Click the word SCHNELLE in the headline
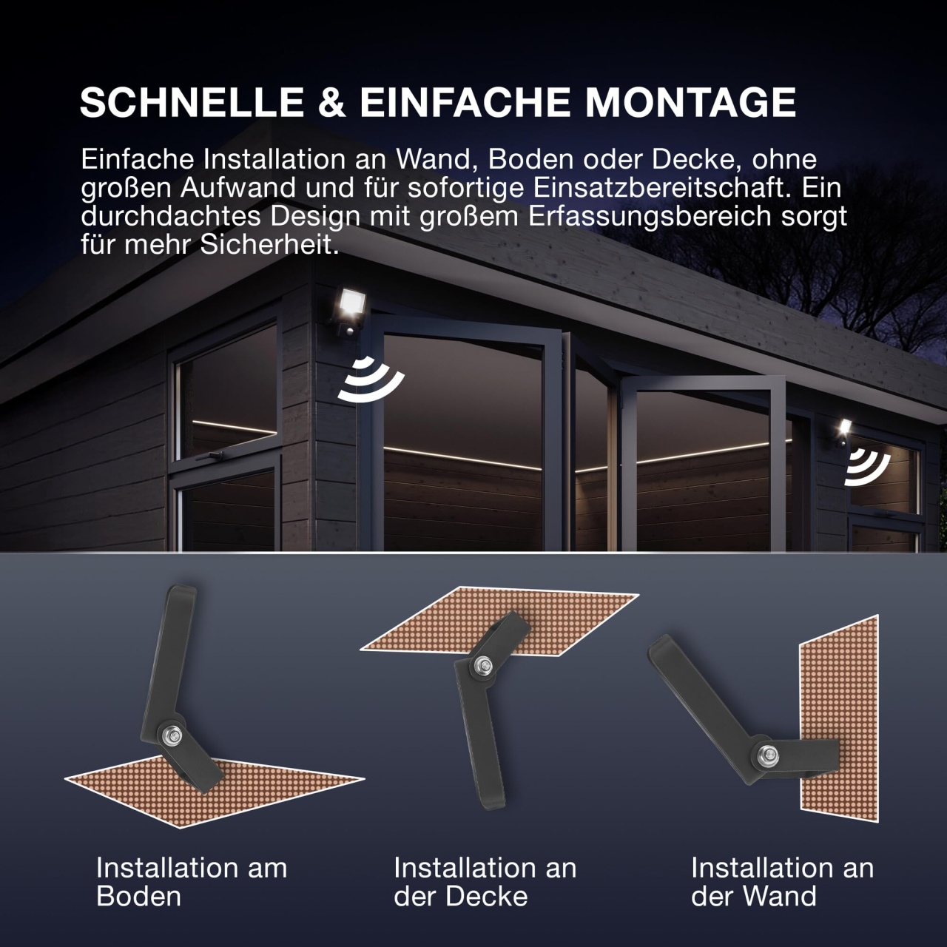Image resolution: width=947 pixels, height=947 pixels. (x=192, y=102)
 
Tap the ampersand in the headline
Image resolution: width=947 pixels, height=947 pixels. (x=331, y=102)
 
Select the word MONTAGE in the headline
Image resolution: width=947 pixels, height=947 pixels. (x=690, y=102)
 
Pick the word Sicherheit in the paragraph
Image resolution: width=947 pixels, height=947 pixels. (x=269, y=245)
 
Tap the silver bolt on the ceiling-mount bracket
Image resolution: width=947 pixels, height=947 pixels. (x=484, y=666)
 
